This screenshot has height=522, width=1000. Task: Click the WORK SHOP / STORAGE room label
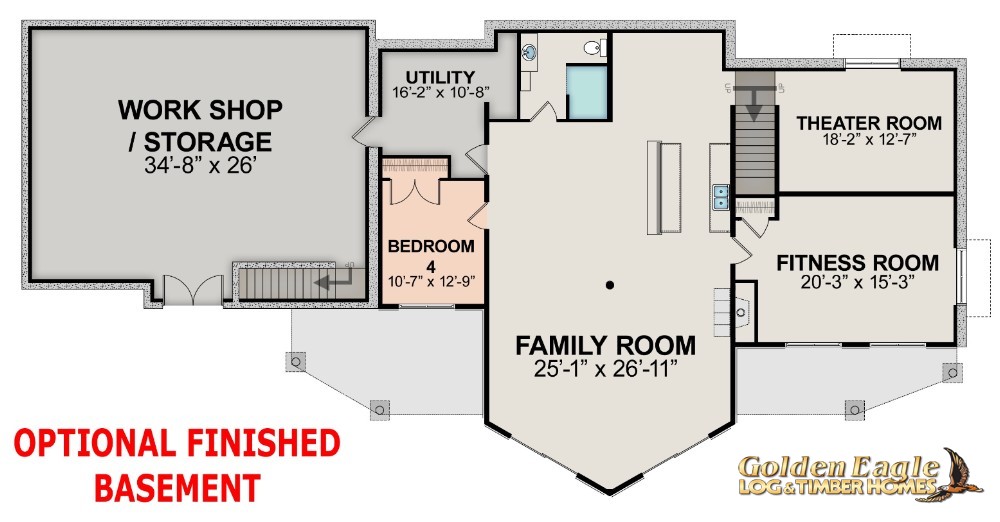pos(200,126)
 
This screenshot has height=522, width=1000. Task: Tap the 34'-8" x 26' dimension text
pos(200,165)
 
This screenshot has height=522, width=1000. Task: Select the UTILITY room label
pos(441,77)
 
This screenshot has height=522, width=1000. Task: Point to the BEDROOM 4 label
pos(431,254)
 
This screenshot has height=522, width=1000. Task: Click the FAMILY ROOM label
pos(605,345)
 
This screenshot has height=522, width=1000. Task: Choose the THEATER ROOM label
pos(869,123)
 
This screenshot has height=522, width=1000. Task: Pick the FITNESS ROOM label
pos(857,262)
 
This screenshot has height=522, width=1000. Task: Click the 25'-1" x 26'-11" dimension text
pos(605,369)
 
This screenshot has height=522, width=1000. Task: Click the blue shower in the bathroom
pos(587,93)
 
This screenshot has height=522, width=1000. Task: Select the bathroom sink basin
pos(529,52)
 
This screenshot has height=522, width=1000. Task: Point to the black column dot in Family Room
pos(610,285)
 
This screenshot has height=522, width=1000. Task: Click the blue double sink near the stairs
pos(721,197)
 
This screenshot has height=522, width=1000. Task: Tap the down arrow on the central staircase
pos(754,103)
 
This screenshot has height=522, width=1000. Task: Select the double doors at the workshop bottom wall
pos(193,290)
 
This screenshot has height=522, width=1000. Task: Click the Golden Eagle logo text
pos(838,475)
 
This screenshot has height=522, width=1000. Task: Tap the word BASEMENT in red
pos(177,488)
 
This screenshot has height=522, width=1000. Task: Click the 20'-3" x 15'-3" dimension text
pos(857,282)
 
